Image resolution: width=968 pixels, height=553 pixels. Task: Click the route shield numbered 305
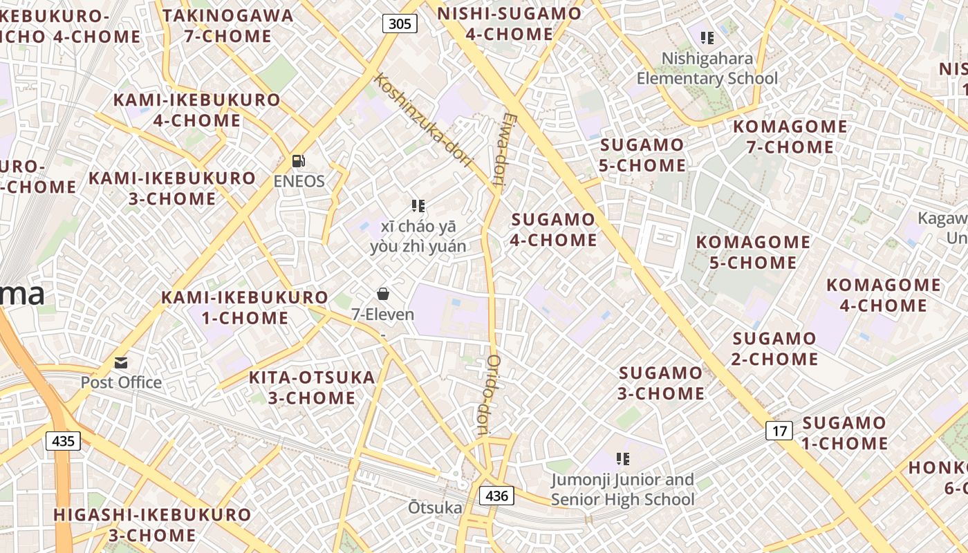coord(400,24)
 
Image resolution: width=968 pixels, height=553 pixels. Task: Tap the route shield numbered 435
coord(63,440)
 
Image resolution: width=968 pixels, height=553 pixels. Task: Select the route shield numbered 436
coord(496,495)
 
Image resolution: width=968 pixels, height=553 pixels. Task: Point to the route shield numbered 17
coord(780,431)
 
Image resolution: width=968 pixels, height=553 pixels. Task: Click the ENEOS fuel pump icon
coord(299,161)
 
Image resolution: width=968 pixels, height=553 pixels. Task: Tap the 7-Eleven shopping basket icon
coord(383,294)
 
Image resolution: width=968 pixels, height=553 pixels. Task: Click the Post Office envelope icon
coord(121,362)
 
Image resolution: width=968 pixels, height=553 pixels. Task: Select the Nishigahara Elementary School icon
coord(707,37)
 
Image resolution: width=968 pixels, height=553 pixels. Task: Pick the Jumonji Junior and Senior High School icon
coord(623,459)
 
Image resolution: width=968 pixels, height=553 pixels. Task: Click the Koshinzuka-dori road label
coord(422,120)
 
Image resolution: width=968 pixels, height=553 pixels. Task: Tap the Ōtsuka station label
coord(435,508)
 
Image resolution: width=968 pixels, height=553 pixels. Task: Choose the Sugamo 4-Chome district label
coord(553,229)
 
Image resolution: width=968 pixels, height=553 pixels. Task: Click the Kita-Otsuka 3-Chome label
coord(312,388)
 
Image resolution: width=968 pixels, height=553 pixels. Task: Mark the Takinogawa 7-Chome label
coord(228,26)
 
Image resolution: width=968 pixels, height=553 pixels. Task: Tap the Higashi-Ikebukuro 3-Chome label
coord(152,525)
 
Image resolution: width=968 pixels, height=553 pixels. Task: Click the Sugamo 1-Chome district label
coord(844,433)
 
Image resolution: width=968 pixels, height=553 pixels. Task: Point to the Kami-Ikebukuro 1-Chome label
coord(245,308)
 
